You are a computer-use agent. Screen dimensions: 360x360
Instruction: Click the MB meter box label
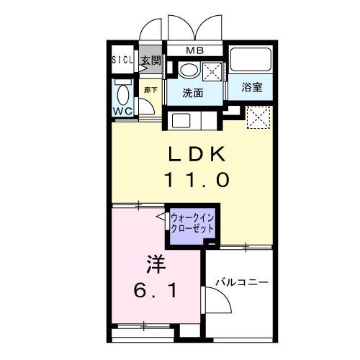point(194,50)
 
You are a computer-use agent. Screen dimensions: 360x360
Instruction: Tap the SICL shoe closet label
point(122,60)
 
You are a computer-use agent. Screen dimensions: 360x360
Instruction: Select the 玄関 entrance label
point(150,60)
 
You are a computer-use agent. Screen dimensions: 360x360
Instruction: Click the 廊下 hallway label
point(150,90)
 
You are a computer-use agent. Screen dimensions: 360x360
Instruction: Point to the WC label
point(122,111)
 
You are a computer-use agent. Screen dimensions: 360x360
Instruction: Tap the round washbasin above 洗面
point(189,70)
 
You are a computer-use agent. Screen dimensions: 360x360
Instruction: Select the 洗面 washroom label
point(192,93)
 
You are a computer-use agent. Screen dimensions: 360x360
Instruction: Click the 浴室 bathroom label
point(252,87)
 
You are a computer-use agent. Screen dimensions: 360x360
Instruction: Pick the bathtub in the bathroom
point(251,60)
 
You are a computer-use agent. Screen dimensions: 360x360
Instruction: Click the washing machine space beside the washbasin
point(212,71)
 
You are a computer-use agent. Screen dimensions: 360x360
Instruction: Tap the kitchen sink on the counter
point(181,120)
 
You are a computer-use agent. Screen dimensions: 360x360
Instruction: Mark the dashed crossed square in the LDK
point(258,117)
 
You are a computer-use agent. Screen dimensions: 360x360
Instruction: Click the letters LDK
point(197,154)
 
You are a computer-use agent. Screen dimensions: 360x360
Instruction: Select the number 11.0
point(197,180)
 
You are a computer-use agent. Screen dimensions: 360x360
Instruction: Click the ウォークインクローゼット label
point(192,223)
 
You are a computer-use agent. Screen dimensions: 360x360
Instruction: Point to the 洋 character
point(156,264)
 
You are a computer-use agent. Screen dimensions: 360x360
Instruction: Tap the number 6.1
point(156,290)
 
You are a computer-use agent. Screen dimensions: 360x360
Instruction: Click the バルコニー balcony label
point(242,282)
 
